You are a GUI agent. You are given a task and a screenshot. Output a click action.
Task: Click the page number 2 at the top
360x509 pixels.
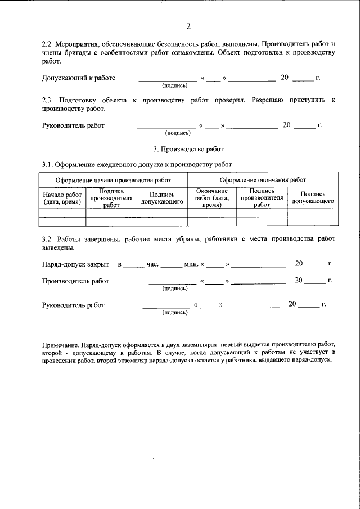[x=188, y=26]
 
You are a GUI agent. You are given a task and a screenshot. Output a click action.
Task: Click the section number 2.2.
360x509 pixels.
[x=49, y=43]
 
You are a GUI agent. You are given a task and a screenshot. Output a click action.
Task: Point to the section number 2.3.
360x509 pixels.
[x=49, y=100]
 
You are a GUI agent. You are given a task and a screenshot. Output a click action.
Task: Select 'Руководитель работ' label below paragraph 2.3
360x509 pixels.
[x=73, y=125]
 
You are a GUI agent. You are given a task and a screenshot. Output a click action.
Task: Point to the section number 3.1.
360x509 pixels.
[x=49, y=164]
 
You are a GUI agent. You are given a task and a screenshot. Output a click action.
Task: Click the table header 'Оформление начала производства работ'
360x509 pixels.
[x=113, y=180]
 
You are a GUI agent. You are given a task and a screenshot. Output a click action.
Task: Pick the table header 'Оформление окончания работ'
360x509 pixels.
[x=263, y=180]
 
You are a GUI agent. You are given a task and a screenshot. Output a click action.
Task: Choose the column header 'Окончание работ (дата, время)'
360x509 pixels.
[x=211, y=198]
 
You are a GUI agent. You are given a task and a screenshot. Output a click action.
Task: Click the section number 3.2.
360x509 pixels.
[x=49, y=239]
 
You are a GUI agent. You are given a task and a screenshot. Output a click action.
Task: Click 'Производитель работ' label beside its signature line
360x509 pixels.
[x=75, y=281]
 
